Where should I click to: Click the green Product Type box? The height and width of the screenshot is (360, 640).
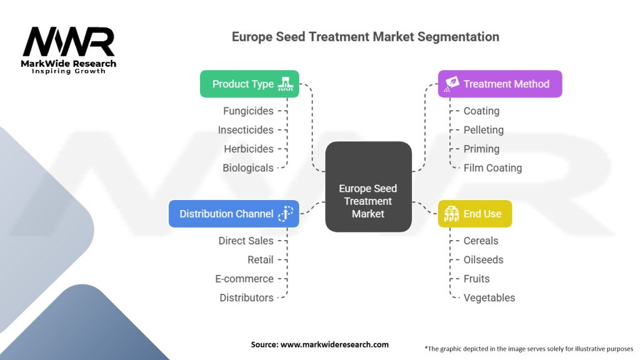tap(249, 84)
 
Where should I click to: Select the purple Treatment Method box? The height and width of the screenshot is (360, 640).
tap(499, 84)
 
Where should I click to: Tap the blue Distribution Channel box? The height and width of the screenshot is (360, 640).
tap(234, 214)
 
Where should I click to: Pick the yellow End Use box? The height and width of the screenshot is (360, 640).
tap(474, 214)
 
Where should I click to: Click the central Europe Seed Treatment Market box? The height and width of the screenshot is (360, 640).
tap(368, 200)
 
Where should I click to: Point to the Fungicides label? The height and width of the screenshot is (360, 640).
tap(248, 111)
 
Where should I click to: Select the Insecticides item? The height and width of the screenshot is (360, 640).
tap(246, 130)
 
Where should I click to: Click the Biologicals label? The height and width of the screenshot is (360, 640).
tap(248, 167)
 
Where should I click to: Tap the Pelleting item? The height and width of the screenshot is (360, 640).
tap(483, 130)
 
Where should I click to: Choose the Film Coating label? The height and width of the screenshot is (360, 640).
tap(492, 167)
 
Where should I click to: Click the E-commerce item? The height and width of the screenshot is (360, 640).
tap(244, 279)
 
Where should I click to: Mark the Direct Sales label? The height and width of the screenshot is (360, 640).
tap(246, 241)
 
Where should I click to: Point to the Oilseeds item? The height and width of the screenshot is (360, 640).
tap(483, 259)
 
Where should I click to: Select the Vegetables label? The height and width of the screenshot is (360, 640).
tap(489, 297)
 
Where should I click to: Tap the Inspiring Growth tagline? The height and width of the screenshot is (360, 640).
tap(69, 71)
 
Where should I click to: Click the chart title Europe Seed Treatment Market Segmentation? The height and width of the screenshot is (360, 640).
tap(366, 37)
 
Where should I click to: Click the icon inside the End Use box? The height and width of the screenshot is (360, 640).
tap(451, 214)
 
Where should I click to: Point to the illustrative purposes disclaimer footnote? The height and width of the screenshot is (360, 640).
tap(529, 349)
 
